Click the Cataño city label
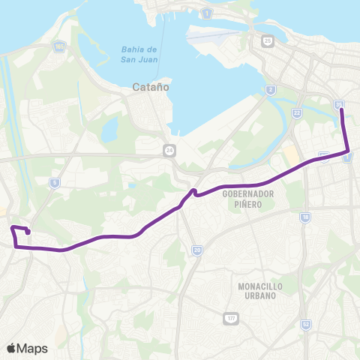point(150,86)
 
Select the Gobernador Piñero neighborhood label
point(248,198)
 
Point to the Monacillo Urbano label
point(257,291)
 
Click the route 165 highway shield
point(58,47)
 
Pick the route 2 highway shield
point(270,90)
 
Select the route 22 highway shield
point(297,112)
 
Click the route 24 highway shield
point(170,151)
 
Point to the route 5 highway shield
point(54,182)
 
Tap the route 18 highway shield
point(304,217)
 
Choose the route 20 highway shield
point(196,250)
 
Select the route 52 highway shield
point(306,324)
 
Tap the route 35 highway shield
point(340,105)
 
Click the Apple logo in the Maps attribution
point(10,348)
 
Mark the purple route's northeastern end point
point(342,110)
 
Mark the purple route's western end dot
point(28,232)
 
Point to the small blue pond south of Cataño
point(111,130)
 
